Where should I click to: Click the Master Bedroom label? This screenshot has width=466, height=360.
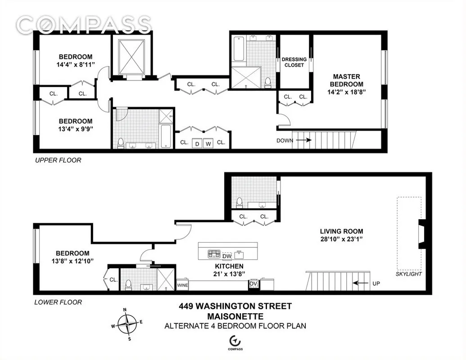click(x=346, y=80)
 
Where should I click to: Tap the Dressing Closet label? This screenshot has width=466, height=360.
click(x=294, y=62)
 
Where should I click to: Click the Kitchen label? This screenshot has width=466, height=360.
click(x=228, y=266)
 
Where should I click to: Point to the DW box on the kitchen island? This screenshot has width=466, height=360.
click(x=227, y=256)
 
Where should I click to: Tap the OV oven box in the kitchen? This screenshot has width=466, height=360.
click(x=253, y=284)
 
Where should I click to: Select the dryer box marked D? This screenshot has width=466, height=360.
click(x=197, y=144)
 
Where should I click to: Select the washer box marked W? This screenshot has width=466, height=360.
click(x=208, y=144)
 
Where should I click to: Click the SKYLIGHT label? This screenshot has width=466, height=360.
click(x=409, y=274)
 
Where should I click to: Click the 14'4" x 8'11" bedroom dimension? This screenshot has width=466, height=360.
click(x=76, y=65)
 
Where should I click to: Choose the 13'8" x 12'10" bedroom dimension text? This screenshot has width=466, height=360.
click(x=72, y=261)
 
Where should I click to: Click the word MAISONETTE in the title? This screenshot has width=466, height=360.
click(x=235, y=316)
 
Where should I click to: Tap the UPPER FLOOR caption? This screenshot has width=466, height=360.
click(x=58, y=160)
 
